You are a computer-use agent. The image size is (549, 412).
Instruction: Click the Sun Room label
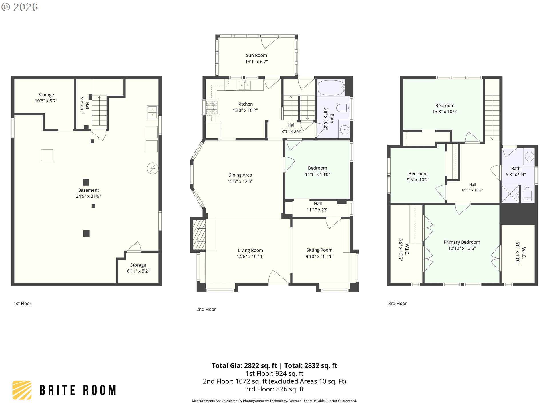pyautogui.click(x=256, y=55)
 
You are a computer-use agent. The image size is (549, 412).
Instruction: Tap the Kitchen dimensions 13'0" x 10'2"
pyautogui.click(x=245, y=110)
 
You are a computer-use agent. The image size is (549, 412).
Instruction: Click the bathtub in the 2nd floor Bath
pyautogui.click(x=331, y=88)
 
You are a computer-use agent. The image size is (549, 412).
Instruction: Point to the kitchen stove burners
pyautogui.click(x=212, y=107)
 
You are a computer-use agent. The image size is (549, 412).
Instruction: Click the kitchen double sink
pyautogui.click(x=244, y=85)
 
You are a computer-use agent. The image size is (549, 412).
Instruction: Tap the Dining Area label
pyautogui.click(x=240, y=175)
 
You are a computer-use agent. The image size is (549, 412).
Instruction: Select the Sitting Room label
pyautogui.click(x=319, y=250)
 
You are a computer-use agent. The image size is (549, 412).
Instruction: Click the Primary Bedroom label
pyautogui.click(x=462, y=242)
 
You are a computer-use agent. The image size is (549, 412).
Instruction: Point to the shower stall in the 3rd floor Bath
pyautogui.click(x=510, y=194)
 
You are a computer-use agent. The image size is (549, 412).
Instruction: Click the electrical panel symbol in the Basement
pyautogui.click(x=153, y=168)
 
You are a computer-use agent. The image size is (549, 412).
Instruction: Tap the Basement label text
pyautogui.click(x=88, y=190)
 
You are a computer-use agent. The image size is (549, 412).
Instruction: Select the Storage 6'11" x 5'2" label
pyautogui.click(x=138, y=268)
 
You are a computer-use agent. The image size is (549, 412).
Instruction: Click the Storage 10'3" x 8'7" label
pyautogui.click(x=46, y=98)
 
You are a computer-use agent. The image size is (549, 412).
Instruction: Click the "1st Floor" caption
pyautogui.click(x=22, y=303)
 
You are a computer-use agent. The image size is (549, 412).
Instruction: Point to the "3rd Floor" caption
pyautogui.click(x=397, y=303)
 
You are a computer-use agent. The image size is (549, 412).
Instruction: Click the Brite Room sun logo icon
pyautogui.click(x=22, y=390)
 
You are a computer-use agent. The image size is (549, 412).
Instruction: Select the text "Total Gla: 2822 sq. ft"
pyautogui.click(x=244, y=365)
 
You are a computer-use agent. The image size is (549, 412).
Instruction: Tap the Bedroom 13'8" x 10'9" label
pyautogui.click(x=445, y=109)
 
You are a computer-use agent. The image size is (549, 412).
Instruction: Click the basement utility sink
pyautogui.click(x=152, y=112)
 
